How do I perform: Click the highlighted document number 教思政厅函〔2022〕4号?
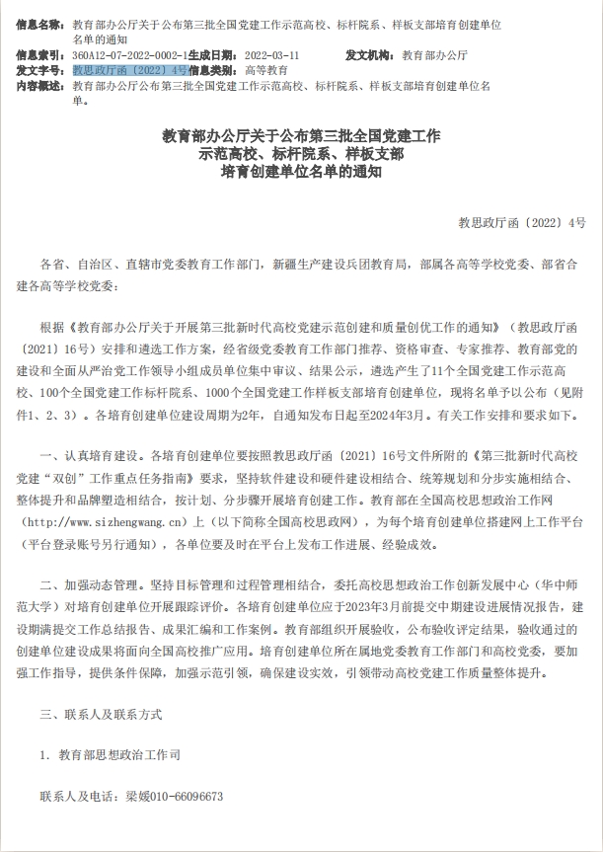click(x=130, y=71)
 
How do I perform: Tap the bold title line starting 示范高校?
click(x=300, y=153)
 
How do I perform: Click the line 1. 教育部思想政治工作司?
click(x=111, y=754)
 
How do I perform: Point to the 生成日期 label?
click(x=213, y=55)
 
